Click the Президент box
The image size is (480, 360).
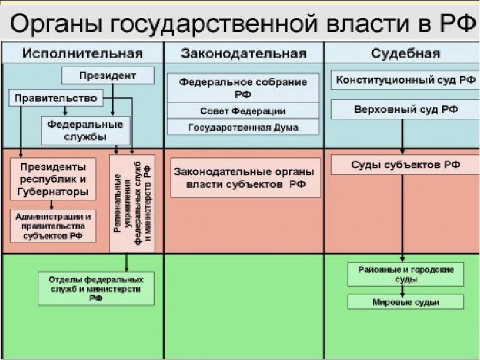point(108,76)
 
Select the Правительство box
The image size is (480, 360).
point(56,98)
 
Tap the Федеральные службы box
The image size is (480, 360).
point(85,130)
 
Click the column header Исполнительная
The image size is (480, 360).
point(82,53)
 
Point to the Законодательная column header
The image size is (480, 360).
point(244,53)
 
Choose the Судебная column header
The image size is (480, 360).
point(406,53)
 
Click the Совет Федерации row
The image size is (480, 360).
point(243,111)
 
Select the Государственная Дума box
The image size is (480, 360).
point(243,127)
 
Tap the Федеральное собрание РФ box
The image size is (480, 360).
point(243,88)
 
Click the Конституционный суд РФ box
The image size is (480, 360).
point(406,80)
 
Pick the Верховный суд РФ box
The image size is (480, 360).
point(406,109)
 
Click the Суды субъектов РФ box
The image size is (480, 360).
point(406,164)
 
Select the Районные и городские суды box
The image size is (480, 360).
point(406,274)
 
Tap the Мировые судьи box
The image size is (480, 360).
point(406,302)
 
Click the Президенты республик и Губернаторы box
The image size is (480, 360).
point(53,179)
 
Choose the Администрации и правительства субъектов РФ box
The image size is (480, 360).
point(53,226)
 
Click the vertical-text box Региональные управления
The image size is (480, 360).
point(132,203)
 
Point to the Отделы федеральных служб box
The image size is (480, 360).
point(96,289)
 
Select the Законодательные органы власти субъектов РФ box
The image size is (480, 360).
point(245,178)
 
